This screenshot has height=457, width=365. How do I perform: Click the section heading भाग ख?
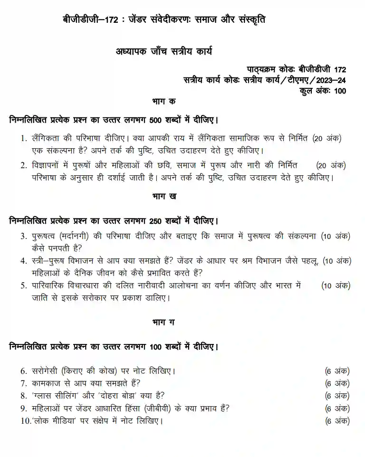click(164, 195)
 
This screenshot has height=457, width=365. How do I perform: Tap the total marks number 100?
click(340, 91)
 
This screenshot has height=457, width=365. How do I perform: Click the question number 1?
click(22, 138)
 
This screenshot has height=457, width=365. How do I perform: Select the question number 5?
click(23, 286)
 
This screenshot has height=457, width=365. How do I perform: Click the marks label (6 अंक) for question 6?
click(337, 371)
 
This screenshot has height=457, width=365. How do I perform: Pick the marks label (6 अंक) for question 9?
click(337, 408)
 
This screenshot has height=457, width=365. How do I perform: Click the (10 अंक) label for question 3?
click(336, 236)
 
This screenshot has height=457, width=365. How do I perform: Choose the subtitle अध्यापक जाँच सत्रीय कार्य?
click(164, 51)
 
